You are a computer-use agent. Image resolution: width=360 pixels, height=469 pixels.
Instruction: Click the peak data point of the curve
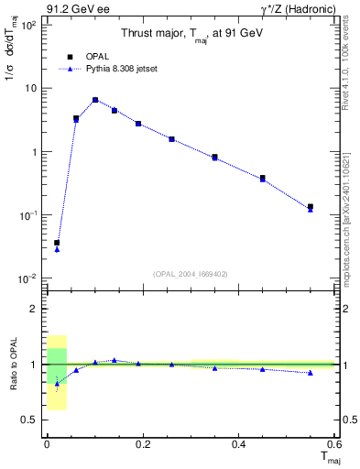pyautogui.click(x=95, y=100)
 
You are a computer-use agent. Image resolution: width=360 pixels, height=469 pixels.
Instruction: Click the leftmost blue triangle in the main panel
pyautogui.click(x=57, y=249)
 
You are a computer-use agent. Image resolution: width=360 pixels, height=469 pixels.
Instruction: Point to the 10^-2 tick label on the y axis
pyautogui.click(x=27, y=278)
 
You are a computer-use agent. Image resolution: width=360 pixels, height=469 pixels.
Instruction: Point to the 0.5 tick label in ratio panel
pyautogui.click(x=29, y=420)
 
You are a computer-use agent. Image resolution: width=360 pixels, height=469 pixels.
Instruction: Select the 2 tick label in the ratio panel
pyautogui.click(x=33, y=309)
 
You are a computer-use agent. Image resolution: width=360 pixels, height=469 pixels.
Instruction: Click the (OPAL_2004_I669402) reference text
pyautogui.click(x=190, y=273)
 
